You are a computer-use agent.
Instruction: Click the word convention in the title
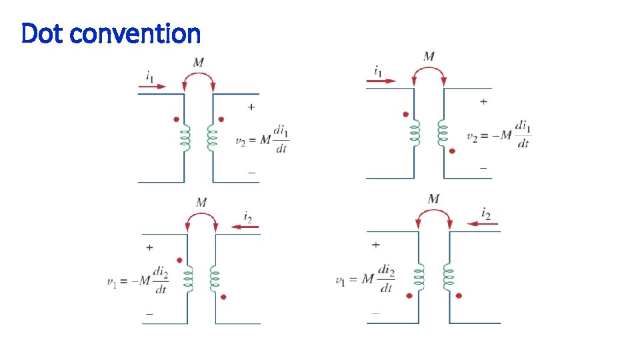[135, 33]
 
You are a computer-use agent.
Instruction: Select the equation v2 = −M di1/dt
[499, 135]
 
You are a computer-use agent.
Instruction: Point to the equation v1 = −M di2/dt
[138, 280]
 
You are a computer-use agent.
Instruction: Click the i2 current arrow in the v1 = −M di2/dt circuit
[245, 227]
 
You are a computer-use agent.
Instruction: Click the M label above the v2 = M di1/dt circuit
[199, 63]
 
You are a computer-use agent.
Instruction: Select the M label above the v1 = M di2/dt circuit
[433, 199]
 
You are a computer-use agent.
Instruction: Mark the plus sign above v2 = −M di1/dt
[483, 101]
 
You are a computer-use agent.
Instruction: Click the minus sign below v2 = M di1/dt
[251, 172]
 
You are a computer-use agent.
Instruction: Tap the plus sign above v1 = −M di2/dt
[149, 247]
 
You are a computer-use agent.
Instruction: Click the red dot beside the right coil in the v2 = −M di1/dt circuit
[452, 151]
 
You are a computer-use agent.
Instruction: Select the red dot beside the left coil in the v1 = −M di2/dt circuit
[179, 260]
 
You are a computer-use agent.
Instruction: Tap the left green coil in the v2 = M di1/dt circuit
[186, 139]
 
